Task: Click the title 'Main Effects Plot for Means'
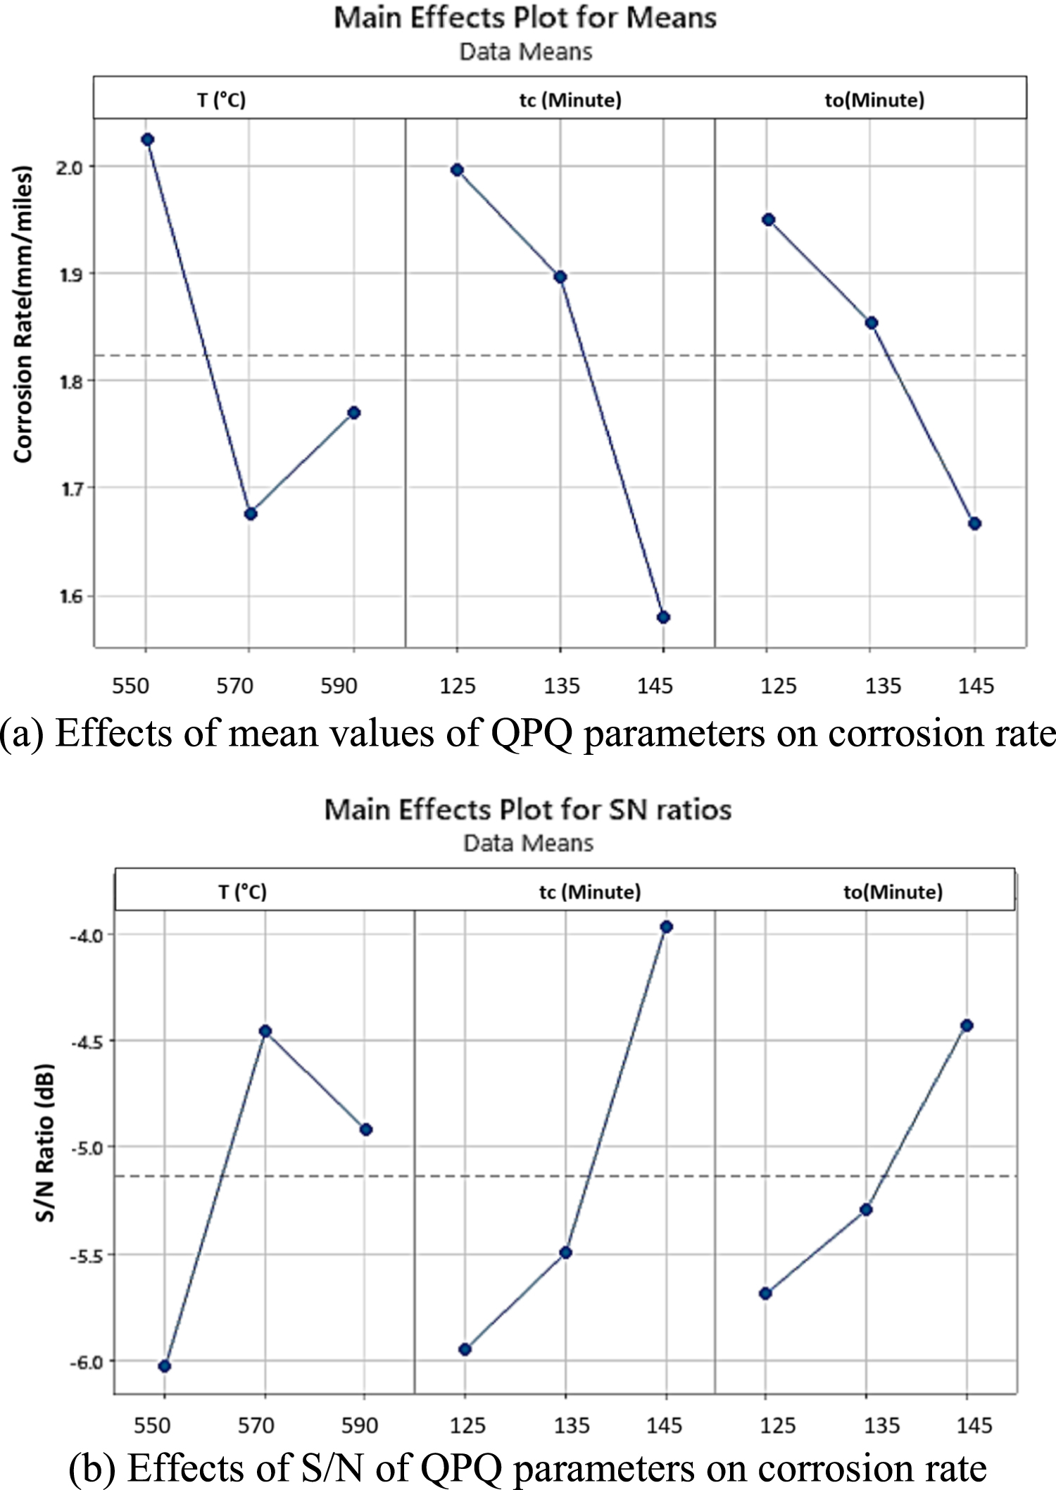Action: click(x=525, y=18)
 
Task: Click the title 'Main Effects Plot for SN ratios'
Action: click(x=527, y=810)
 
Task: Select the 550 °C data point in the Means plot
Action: click(x=147, y=139)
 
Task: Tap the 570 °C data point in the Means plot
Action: click(x=251, y=514)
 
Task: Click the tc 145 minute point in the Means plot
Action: click(x=663, y=618)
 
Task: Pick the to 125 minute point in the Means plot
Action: click(x=769, y=220)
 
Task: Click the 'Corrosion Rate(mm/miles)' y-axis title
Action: click(x=23, y=314)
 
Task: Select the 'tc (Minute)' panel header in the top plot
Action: click(x=570, y=100)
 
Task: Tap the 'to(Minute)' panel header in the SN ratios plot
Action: click(x=893, y=892)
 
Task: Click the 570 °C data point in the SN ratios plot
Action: click(x=265, y=1031)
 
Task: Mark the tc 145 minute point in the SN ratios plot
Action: click(x=666, y=927)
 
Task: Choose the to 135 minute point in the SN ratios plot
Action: click(x=866, y=1210)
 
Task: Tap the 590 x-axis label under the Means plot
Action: click(x=339, y=686)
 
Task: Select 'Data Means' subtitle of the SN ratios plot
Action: click(x=528, y=843)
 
